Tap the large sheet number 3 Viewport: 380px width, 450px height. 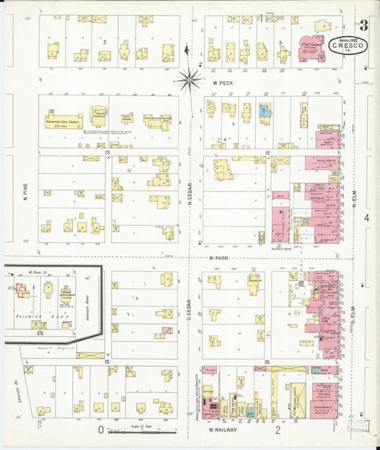coord(364,26)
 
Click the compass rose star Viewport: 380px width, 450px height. coord(189,79)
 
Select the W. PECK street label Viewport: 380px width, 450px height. coord(223,83)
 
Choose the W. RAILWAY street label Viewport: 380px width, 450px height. coord(222,430)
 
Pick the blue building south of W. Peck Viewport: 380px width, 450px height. coord(265,111)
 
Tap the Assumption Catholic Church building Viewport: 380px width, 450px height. coord(64,120)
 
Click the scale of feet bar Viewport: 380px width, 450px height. coord(133,430)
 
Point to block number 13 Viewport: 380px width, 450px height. coord(108,152)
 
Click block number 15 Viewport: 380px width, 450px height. coord(108,362)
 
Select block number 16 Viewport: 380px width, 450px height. coord(265,362)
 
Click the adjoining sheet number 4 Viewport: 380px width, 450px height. coord(366,217)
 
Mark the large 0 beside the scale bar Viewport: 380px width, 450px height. coord(101,429)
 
